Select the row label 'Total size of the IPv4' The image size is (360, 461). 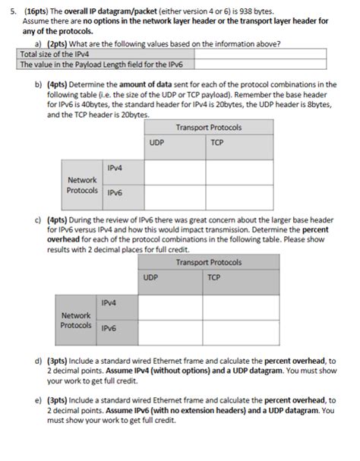pyautogui.click(x=50, y=55)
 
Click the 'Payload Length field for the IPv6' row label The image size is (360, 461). pyautogui.click(x=106, y=65)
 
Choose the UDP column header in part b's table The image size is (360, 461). pyautogui.click(x=158, y=142)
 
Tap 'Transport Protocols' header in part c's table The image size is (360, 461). pyautogui.click(x=208, y=262)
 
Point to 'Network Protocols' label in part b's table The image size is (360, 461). pyautogui.click(x=82, y=185)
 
